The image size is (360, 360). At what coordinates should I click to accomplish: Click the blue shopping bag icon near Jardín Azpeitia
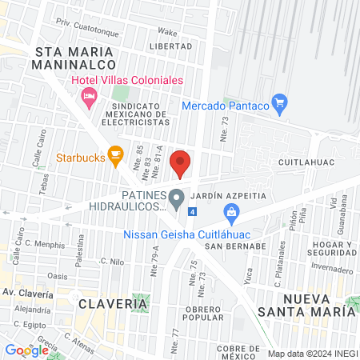click(231, 212)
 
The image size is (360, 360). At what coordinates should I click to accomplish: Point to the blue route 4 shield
click(192, 211)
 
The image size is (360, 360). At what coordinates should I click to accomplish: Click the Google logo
click(26, 350)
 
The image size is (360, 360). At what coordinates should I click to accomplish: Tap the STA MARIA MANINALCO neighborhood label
click(76, 59)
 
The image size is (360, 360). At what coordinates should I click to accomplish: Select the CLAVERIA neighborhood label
click(113, 304)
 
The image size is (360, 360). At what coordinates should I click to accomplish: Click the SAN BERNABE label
click(234, 246)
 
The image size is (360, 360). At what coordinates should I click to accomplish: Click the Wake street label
click(167, 32)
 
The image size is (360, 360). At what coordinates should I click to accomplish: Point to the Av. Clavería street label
click(26, 294)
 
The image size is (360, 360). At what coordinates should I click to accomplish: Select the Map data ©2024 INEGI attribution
click(313, 353)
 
